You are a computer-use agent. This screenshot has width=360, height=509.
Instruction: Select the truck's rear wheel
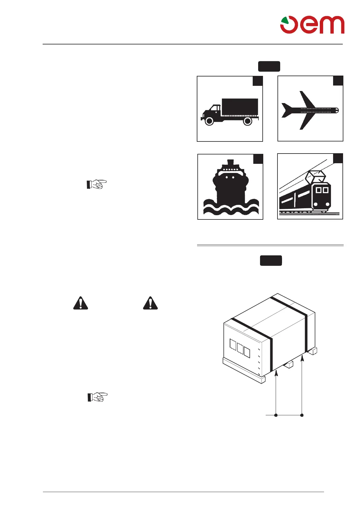(x=248, y=121)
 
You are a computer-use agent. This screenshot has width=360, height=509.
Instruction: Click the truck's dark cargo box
(x=240, y=107)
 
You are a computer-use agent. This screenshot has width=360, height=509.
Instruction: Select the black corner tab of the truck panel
(x=258, y=81)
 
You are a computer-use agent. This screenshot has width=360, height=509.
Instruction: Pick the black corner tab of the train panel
(x=338, y=158)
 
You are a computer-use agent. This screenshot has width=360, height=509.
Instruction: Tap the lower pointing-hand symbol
(x=97, y=397)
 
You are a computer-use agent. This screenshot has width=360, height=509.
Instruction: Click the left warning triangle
(x=81, y=303)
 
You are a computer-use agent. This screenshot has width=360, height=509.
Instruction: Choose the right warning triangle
(x=150, y=303)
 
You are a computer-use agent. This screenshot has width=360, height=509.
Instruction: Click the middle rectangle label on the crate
(x=240, y=349)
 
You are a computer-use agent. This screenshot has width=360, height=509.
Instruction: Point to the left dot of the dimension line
(x=276, y=415)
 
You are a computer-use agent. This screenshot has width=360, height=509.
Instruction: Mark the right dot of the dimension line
(x=302, y=415)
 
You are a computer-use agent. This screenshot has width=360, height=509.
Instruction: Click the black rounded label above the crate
(x=271, y=261)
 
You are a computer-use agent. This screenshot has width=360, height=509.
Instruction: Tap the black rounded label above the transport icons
(x=269, y=66)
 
